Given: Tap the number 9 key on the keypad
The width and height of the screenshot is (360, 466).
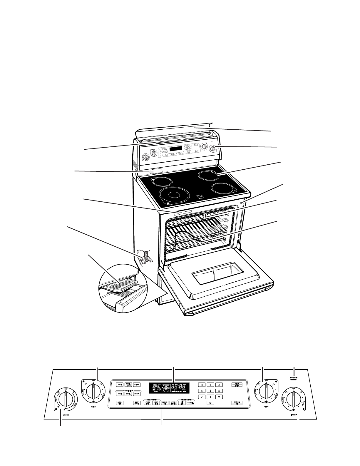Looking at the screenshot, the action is click(219, 397).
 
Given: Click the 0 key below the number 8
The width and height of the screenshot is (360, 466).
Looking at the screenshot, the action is click(210, 403).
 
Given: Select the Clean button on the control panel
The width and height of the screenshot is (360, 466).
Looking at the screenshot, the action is click(137, 384).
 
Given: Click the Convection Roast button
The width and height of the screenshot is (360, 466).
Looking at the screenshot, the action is click(137, 394).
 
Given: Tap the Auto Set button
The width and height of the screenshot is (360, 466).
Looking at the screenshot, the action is click(119, 403).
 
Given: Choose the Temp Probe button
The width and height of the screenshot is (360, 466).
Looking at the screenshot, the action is click(137, 403).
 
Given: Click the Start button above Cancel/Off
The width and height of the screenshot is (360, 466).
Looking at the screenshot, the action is click(237, 384).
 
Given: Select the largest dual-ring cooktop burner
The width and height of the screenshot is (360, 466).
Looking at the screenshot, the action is click(174, 195).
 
